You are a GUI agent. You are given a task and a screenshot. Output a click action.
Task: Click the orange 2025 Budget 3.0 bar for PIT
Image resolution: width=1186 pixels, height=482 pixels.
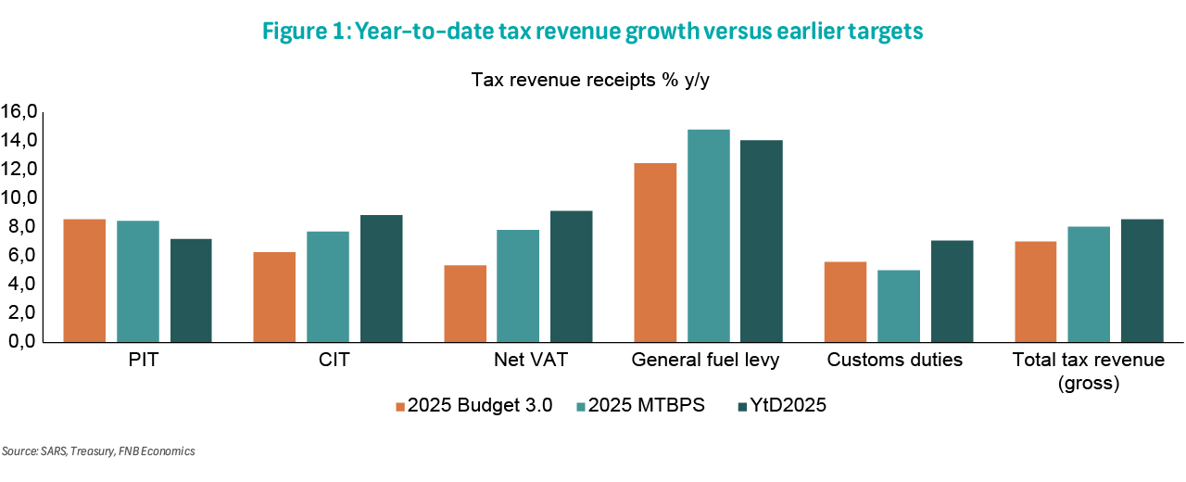pos(84,280)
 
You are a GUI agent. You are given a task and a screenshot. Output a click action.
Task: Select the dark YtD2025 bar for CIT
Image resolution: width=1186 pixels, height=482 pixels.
pos(382,278)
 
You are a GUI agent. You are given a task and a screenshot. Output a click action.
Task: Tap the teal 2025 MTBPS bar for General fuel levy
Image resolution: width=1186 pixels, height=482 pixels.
pos(709,235)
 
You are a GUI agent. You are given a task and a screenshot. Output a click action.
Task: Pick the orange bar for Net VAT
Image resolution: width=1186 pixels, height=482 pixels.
pos(465,303)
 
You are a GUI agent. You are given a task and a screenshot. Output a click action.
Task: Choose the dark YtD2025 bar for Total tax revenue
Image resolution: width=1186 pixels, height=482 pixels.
pos(1142,280)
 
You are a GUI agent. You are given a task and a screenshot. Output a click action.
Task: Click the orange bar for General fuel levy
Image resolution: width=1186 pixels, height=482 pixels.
pos(655,252)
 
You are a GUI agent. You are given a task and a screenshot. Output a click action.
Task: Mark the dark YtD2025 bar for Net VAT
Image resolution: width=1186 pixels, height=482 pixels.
pos(572,276)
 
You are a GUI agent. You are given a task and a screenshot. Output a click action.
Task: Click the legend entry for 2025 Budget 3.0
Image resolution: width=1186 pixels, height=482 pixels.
pos(474,405)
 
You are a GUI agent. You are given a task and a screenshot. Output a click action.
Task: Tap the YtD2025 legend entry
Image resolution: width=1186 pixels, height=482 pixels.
pos(787,405)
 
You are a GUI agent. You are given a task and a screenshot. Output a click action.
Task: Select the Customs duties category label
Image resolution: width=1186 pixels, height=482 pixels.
pos(895,360)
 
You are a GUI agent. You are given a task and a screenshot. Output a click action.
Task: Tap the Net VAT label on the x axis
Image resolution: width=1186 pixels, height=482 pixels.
pos(519,360)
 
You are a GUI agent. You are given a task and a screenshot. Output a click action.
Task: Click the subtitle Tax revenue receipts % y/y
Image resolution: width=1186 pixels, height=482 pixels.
pos(590,80)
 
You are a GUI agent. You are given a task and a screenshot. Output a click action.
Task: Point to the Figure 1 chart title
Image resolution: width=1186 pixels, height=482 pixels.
pos(593,32)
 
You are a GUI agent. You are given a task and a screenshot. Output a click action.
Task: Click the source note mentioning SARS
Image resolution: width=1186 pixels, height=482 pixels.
pos(98,451)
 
